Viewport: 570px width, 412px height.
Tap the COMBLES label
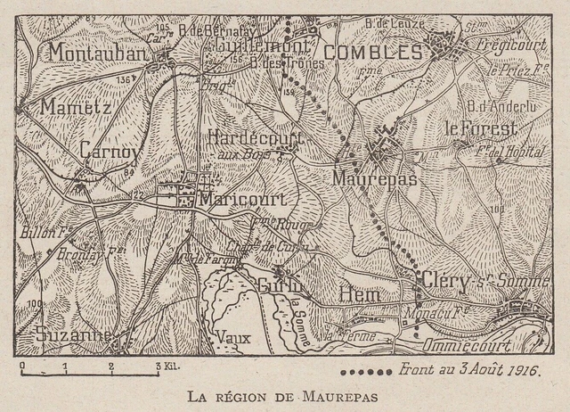coord(372,54)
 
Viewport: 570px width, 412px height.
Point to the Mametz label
coord(74,107)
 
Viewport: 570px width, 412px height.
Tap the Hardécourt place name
coord(256,138)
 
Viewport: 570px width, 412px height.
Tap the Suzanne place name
coord(73,335)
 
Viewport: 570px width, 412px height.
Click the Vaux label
coord(233,339)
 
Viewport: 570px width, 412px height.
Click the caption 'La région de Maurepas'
coord(285,394)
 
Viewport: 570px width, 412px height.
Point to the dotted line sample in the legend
coord(366,369)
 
